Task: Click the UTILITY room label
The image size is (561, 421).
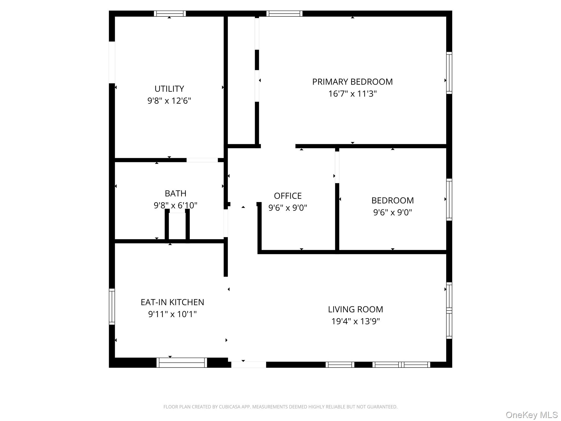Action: click(169, 89)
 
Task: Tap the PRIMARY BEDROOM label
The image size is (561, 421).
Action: click(353, 82)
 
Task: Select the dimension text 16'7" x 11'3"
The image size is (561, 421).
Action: click(353, 94)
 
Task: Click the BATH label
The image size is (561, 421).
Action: click(176, 194)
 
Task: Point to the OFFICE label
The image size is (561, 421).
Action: click(288, 196)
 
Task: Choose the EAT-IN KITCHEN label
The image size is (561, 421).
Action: click(172, 302)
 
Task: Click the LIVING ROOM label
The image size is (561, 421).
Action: click(356, 309)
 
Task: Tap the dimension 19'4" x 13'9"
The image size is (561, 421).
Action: click(356, 321)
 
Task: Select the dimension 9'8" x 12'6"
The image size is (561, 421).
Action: click(169, 101)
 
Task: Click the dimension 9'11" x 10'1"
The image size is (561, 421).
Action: click(172, 314)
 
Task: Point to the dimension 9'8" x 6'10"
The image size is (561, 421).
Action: click(176, 205)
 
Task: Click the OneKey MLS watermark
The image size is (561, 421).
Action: click(532, 415)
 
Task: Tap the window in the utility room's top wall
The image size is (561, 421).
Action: click(170, 13)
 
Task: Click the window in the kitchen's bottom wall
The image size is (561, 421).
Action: click(182, 363)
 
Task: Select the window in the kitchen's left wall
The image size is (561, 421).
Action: click(112, 306)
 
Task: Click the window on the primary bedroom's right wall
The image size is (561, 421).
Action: click(449, 73)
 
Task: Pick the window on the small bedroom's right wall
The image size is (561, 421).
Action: click(449, 200)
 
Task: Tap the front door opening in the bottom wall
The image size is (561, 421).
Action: click(249, 365)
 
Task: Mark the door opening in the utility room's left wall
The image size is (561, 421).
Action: click(112, 62)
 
